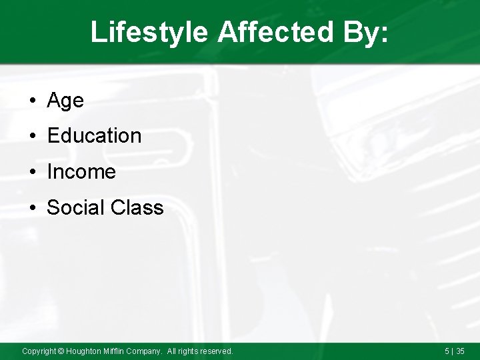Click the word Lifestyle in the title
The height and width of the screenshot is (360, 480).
click(149, 31)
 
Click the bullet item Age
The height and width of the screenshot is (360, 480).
click(65, 101)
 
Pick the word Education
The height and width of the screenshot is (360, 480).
click(94, 136)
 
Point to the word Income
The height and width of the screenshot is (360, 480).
click(81, 172)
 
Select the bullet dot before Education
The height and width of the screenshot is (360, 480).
click(33, 137)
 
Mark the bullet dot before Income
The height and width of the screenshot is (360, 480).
click(33, 173)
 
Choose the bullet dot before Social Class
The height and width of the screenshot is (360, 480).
click(33, 208)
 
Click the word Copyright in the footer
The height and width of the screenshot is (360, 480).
click(39, 351)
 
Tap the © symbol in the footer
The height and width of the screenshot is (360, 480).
click(61, 351)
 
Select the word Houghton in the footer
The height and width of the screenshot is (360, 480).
click(83, 351)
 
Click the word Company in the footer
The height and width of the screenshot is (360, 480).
click(145, 351)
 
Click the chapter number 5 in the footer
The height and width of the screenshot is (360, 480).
click(447, 351)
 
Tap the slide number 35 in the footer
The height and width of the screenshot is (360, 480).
click(460, 351)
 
